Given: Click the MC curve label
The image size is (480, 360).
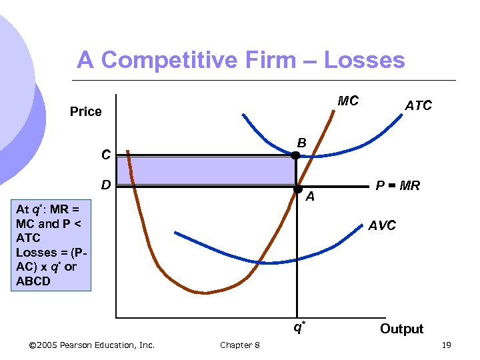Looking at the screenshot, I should (x=348, y=101).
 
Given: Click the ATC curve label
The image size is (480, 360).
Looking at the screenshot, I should (x=418, y=105).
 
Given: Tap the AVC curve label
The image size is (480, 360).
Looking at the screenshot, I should (x=382, y=225).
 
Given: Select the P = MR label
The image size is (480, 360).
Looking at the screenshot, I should (x=397, y=186).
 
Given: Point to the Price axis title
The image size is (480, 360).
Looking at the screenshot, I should (x=86, y=111).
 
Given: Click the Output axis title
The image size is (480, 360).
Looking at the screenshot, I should (x=401, y=329).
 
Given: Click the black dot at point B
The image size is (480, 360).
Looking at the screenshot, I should (x=296, y=155).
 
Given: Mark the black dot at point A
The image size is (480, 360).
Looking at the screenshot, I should (x=298, y=188).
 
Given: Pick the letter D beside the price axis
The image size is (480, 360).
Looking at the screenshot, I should (x=105, y=184).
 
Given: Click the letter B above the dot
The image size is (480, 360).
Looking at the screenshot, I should (x=301, y=143).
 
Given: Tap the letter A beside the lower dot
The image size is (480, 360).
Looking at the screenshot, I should (x=310, y=196).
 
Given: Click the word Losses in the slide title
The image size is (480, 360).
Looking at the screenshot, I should (x=364, y=60).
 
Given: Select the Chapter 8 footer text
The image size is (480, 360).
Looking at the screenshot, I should (x=240, y=345).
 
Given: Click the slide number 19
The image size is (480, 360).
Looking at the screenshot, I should (x=446, y=345).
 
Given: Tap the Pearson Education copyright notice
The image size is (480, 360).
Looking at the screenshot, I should (x=93, y=345).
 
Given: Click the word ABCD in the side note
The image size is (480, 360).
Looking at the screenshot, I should (x=36, y=280).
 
